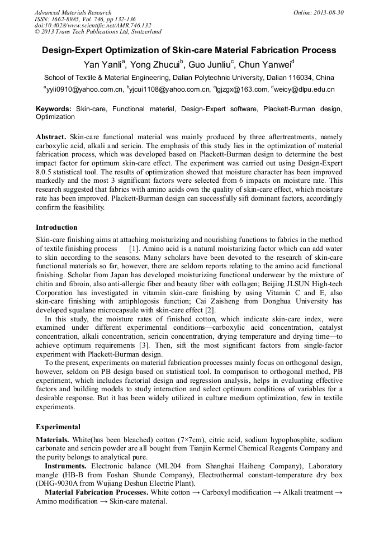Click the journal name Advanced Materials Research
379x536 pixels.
(73, 12)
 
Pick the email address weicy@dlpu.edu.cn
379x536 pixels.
(305, 89)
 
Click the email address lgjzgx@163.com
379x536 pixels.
(240, 89)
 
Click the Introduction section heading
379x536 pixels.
(56, 227)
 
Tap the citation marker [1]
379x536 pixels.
(134, 248)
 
